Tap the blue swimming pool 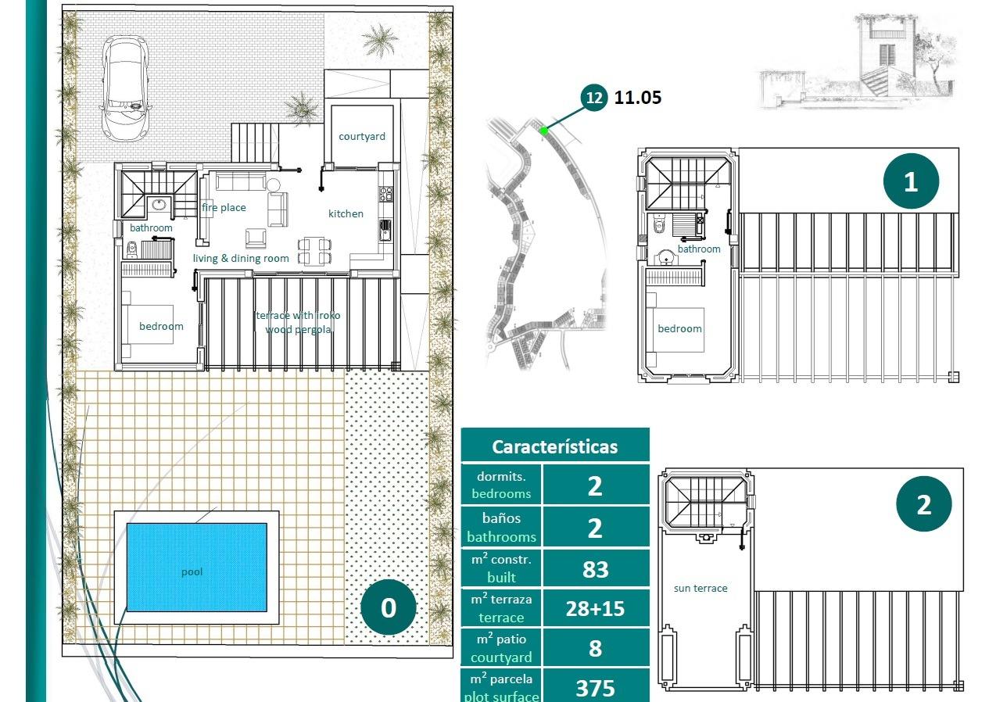[x=196, y=567]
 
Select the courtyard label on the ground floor [x=361, y=136]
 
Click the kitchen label [x=346, y=213]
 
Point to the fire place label [x=224, y=207]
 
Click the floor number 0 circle [x=389, y=607]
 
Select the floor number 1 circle [x=910, y=181]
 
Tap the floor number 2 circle [x=923, y=504]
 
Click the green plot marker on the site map [x=544, y=131]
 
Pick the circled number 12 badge [x=594, y=98]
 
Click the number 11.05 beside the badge [x=638, y=98]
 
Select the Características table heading [x=554, y=446]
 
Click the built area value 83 [x=595, y=569]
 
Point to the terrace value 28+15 [x=595, y=608]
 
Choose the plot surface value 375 [x=595, y=688]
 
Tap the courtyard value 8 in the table [x=595, y=648]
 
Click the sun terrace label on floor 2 [x=700, y=588]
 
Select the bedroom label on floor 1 [x=679, y=328]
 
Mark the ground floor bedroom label [x=161, y=326]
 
